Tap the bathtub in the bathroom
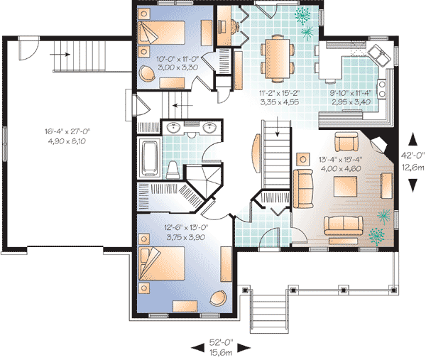149,158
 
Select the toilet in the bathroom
173,170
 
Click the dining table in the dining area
278,59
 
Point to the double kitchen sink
380,55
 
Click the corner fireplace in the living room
380,144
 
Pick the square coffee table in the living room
345,186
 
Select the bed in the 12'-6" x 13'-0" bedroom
162,263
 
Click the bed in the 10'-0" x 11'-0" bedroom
162,32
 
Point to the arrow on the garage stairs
60,55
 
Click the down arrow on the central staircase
278,126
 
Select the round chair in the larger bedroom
218,298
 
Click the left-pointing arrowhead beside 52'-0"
197,347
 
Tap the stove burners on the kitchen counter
381,89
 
